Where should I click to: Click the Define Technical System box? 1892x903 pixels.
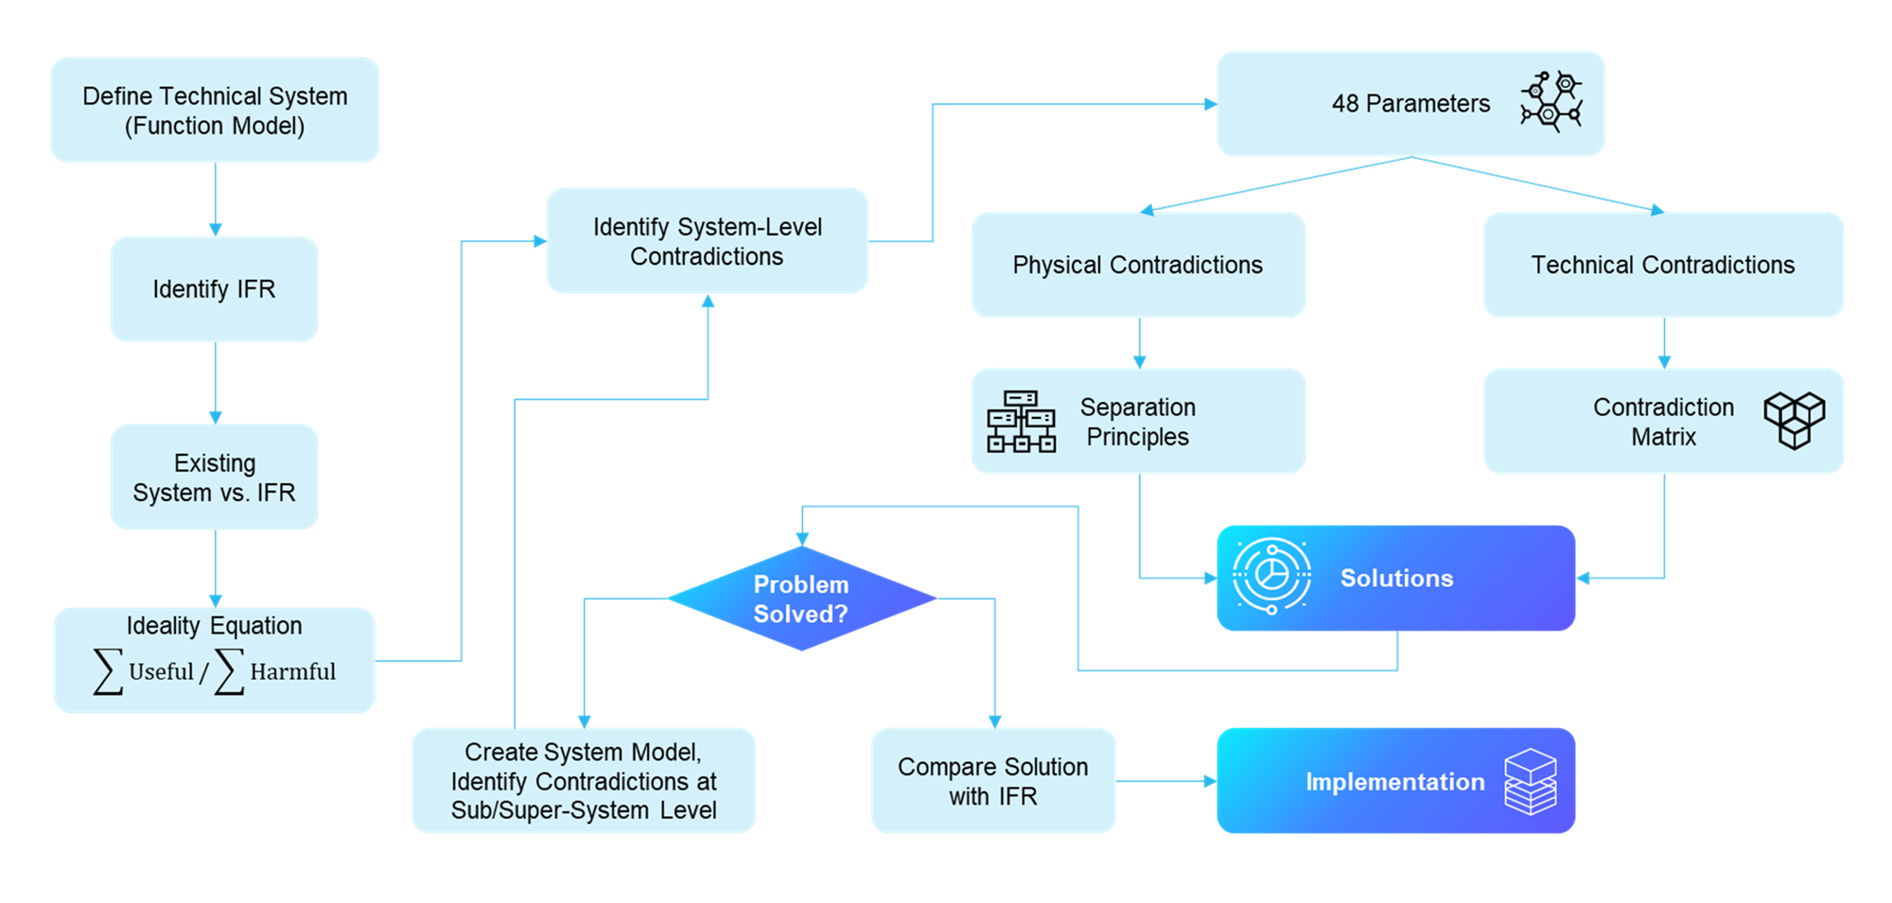[215, 111]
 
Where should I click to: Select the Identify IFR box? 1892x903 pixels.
[215, 288]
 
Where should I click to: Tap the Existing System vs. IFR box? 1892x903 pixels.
[215, 477]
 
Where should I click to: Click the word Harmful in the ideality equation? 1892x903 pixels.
[292, 671]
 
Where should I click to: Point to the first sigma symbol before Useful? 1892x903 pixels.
[108, 671]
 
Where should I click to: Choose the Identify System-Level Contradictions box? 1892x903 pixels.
[707, 241]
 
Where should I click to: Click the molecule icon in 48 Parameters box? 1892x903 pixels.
[1551, 101]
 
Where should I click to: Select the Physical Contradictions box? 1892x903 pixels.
[1138, 265]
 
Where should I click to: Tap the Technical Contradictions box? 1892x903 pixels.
[1663, 265]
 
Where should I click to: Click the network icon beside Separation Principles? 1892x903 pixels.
[1021, 422]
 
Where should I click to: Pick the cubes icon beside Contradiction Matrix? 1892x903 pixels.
[1794, 420]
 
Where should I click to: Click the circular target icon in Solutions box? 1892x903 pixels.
[1271, 576]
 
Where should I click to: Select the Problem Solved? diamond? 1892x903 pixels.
[801, 599]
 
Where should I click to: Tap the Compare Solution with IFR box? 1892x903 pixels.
[992, 781]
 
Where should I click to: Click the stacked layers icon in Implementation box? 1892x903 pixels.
[1530, 781]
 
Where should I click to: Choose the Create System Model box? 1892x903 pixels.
[584, 781]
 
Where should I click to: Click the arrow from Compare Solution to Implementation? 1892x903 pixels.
[1166, 781]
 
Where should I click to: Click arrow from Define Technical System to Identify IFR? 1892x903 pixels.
[215, 200]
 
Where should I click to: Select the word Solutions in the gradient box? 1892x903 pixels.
[1396, 578]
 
